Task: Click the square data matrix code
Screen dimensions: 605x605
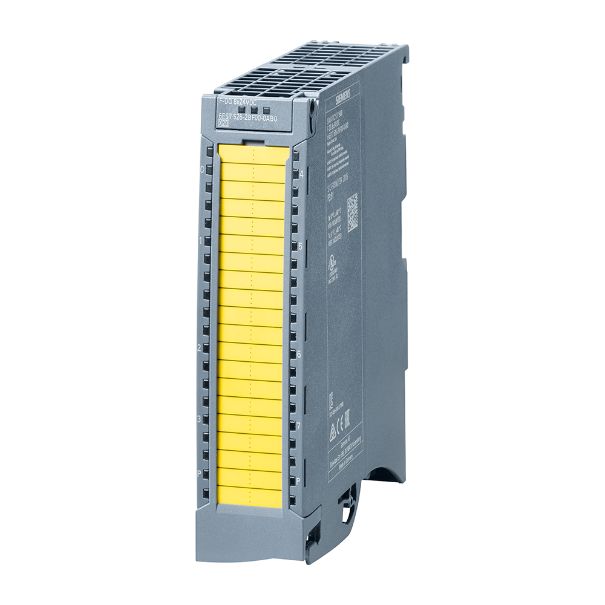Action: (352, 212)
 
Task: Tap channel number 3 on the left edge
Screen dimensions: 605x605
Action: (199, 418)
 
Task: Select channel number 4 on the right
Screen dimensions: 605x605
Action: (301, 174)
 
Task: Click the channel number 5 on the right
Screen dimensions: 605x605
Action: (301, 246)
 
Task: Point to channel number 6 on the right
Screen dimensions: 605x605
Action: (299, 353)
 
